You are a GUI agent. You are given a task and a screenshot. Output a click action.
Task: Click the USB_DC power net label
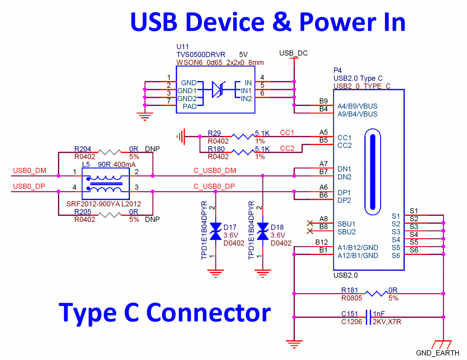pyautogui.click(x=293, y=53)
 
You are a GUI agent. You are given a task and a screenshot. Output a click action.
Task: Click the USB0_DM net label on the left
pyautogui.click(x=30, y=171)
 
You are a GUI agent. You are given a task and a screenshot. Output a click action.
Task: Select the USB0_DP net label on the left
pyautogui.click(x=29, y=186)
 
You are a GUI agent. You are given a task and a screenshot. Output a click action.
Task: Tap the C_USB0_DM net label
pyautogui.click(x=214, y=171)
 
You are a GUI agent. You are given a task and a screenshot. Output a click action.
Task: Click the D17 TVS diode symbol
pyautogui.click(x=216, y=231)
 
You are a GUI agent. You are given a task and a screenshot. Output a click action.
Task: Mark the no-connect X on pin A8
pyautogui.click(x=310, y=223)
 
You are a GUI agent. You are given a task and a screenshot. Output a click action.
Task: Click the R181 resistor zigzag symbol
pyautogui.click(x=377, y=293)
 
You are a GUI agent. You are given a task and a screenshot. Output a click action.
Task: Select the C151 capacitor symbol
pyautogui.click(x=368, y=317)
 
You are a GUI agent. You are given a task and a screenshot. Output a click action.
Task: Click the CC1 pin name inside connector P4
pyautogui.click(x=344, y=137)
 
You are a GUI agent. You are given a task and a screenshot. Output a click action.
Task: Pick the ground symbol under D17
pyautogui.click(x=216, y=271)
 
